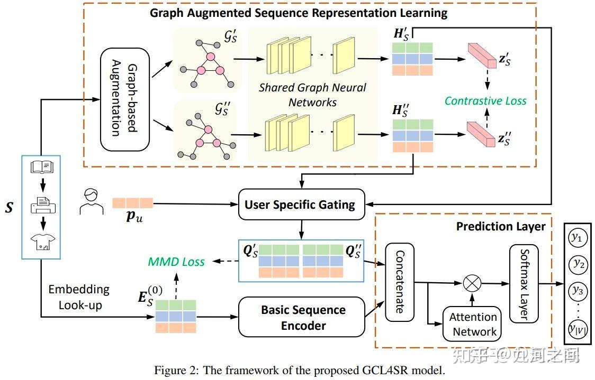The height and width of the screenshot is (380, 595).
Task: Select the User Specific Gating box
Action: click(300, 204)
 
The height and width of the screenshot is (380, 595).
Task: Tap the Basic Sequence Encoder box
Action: click(303, 317)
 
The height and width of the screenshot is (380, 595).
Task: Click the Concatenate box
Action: click(399, 282)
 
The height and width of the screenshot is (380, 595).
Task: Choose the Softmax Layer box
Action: click(524, 284)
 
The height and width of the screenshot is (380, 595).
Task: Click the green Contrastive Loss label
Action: click(485, 100)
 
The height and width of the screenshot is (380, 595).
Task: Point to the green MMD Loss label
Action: click(176, 261)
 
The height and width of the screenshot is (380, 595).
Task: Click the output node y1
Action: click(575, 238)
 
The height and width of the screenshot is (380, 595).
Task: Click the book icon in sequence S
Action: click(42, 168)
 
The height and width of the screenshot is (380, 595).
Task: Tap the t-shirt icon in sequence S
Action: click(42, 241)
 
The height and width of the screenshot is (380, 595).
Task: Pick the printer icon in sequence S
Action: click(42, 204)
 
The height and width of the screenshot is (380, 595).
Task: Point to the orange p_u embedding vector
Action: click(132, 203)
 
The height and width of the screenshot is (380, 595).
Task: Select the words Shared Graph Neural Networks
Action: click(312, 95)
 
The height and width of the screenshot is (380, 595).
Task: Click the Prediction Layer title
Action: click(500, 226)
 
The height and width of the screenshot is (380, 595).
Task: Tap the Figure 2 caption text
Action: click(299, 370)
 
